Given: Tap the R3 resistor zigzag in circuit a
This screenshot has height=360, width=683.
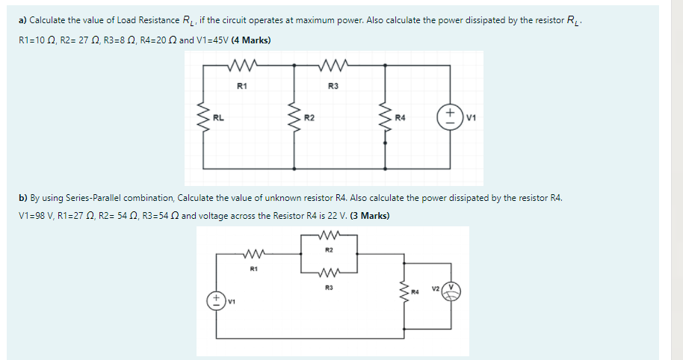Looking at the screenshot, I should (333, 65).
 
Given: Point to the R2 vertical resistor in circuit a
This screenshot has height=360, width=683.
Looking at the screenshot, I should (294, 117).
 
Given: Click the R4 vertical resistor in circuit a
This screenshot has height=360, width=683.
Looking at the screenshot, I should (386, 117).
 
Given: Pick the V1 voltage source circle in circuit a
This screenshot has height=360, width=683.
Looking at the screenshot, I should (451, 117).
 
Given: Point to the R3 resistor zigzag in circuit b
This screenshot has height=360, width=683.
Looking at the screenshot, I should (329, 272).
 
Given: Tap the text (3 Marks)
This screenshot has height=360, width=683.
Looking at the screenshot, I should (366, 216).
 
